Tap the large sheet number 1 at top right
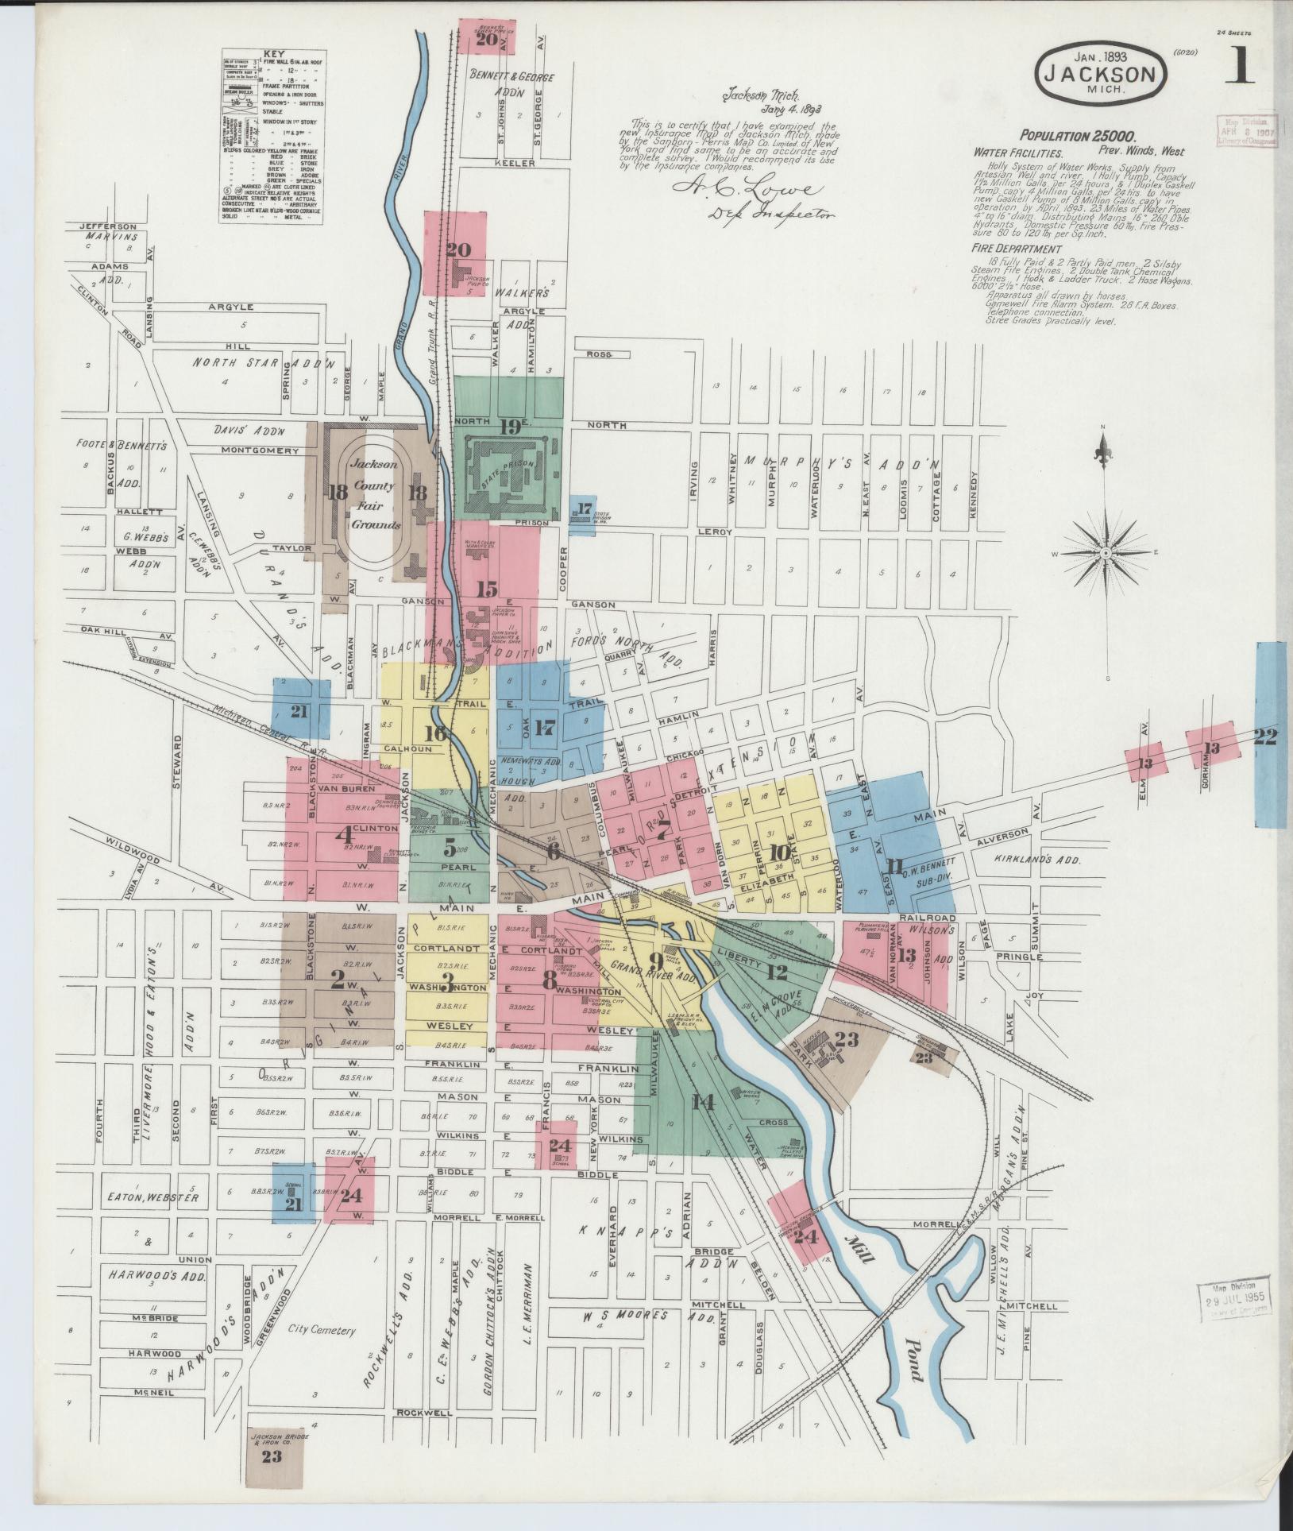pyautogui.click(x=1238, y=66)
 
